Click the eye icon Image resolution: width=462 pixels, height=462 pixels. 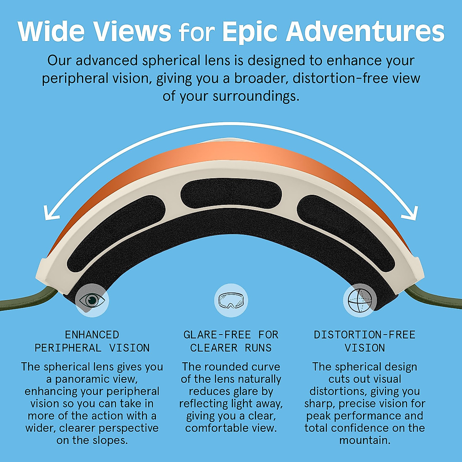pyautogui.click(x=92, y=300)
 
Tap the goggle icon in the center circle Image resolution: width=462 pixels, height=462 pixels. pyautogui.click(x=231, y=300)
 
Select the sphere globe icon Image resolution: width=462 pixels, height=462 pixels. pyautogui.click(x=360, y=300)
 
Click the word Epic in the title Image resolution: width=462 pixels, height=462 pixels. pyautogui.click(x=249, y=32)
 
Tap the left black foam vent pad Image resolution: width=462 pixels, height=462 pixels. pyautogui.click(x=115, y=235)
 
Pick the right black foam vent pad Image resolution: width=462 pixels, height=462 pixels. pyautogui.click(x=346, y=235)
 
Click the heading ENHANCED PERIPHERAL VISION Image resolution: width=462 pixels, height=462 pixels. pyautogui.click(x=92, y=341)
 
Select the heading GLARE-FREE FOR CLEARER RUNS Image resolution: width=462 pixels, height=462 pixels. pyautogui.click(x=231, y=341)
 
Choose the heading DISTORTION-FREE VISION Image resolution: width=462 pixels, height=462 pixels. pyautogui.click(x=365, y=341)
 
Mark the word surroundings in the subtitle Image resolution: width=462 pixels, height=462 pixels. pyautogui.click(x=256, y=96)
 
